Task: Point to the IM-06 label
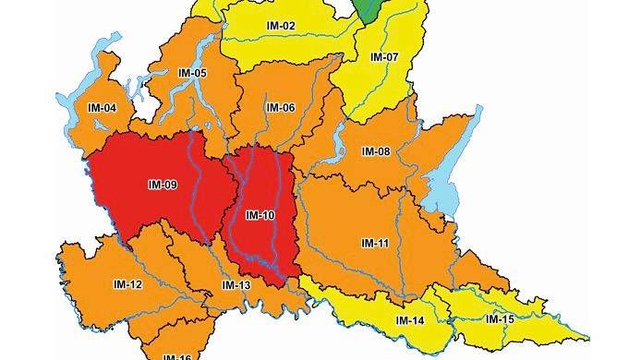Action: click(x=280, y=107)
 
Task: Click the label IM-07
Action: click(x=383, y=56)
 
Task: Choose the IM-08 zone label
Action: click(x=376, y=150)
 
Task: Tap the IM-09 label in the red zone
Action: click(x=162, y=184)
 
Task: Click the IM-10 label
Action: click(x=260, y=216)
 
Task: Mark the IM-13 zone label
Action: click(x=236, y=285)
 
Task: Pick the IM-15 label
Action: click(x=500, y=318)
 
